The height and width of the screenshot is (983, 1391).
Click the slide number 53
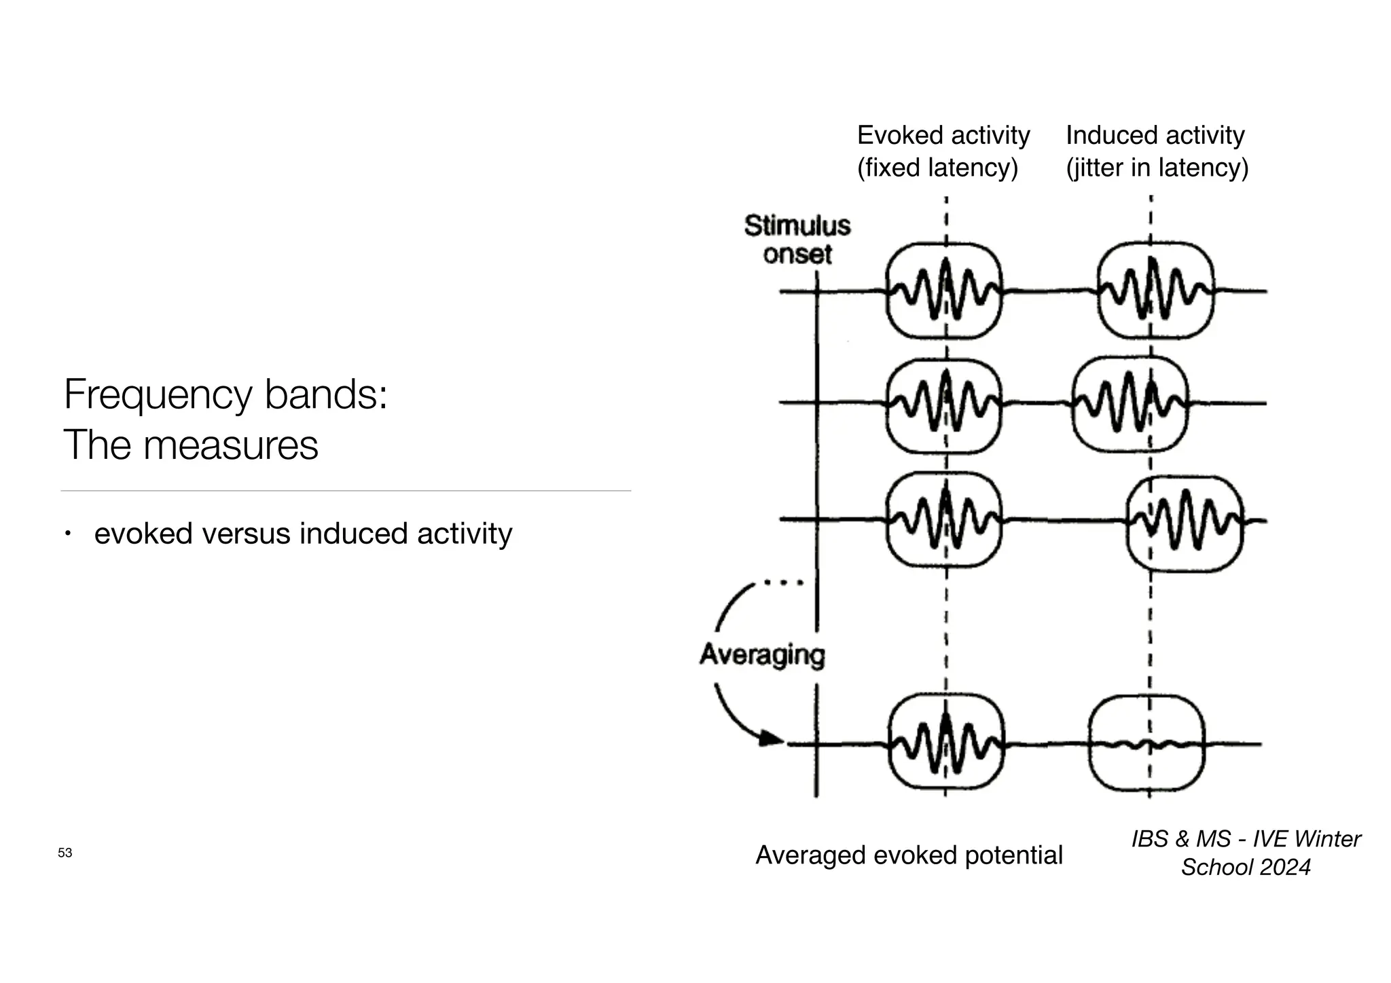[65, 853]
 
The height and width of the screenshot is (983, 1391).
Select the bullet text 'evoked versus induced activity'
[303, 534]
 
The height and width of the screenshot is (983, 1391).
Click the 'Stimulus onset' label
[797, 240]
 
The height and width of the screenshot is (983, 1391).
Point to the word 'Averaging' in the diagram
[762, 655]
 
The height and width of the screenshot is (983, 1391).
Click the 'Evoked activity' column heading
[943, 135]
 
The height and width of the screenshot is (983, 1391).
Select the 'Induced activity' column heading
[1155, 135]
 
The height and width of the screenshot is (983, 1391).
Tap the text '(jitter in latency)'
[1157, 168]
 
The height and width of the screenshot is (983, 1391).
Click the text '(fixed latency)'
[937, 168]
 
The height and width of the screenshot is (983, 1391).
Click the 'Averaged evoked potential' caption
[909, 855]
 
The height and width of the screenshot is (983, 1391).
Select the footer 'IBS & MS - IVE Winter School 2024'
[1246, 853]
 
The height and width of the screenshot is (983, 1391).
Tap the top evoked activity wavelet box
[944, 291]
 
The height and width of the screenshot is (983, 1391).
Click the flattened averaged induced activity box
[1146, 744]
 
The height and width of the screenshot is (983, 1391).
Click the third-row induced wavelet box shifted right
[1185, 521]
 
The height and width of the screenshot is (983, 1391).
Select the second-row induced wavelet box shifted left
[1130, 403]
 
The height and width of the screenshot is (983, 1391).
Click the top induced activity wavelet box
[1155, 291]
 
